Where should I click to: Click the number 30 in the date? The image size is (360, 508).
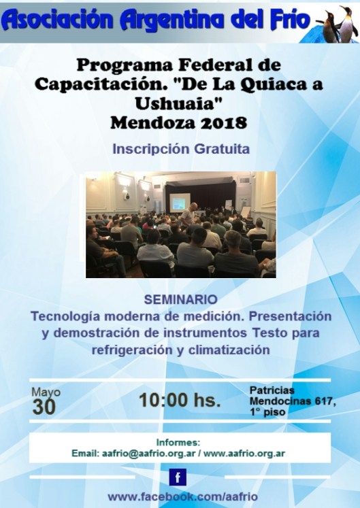(x=44, y=407)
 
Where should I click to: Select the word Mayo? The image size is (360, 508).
(x=46, y=392)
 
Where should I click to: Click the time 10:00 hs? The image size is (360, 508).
(x=180, y=401)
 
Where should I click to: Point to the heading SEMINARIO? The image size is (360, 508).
(x=181, y=299)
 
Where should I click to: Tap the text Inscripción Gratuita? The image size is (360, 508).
(x=180, y=148)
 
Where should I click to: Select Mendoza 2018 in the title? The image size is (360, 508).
(x=180, y=124)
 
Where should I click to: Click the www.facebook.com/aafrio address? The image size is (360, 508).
(x=180, y=497)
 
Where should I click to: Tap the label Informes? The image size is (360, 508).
(x=178, y=441)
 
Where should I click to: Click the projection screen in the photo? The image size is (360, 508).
(x=180, y=201)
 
